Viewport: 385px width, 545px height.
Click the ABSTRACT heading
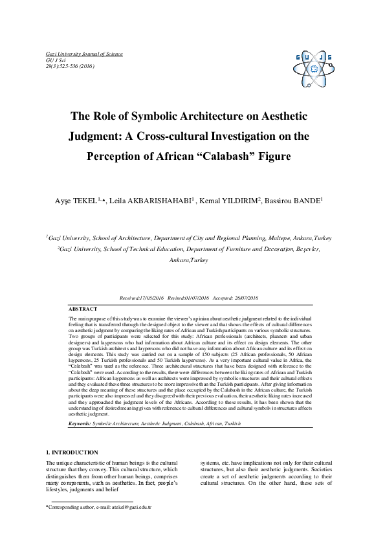coord(83,309)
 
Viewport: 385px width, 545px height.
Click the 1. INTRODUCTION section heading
coord(72,452)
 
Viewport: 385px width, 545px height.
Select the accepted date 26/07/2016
coord(244,298)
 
